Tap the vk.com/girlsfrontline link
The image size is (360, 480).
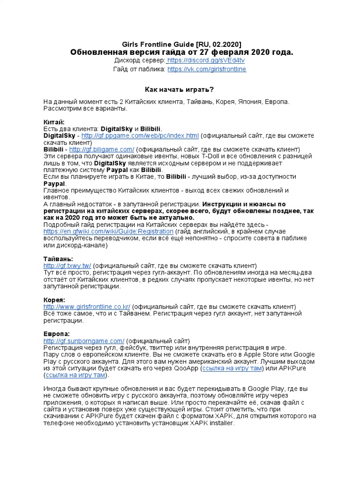(206, 69)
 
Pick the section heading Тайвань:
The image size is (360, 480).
(58, 259)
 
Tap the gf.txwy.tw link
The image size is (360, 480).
(67, 265)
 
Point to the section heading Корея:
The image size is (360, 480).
(54, 300)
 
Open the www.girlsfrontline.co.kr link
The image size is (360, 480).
(87, 307)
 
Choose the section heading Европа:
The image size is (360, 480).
(56, 334)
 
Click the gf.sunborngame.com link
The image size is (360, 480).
(84, 341)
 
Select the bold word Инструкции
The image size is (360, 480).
(222, 204)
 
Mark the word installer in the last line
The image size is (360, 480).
(218, 423)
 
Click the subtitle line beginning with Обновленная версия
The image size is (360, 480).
(181, 52)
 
